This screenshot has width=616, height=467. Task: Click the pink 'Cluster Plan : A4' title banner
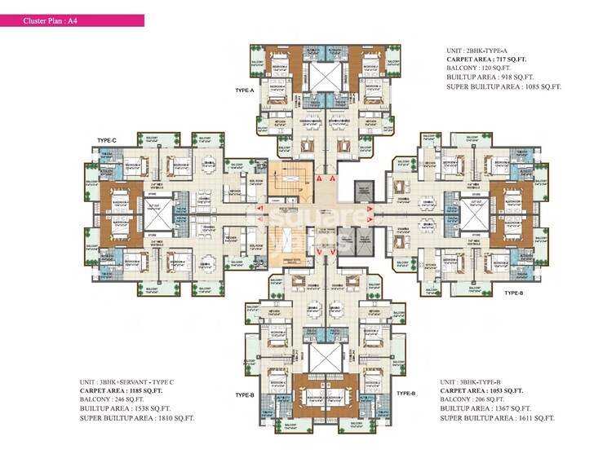(73, 20)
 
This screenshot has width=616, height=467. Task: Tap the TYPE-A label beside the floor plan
(244, 90)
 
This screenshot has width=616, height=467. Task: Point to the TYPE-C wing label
(107, 141)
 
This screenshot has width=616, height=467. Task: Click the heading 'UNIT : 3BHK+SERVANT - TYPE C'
(134, 382)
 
